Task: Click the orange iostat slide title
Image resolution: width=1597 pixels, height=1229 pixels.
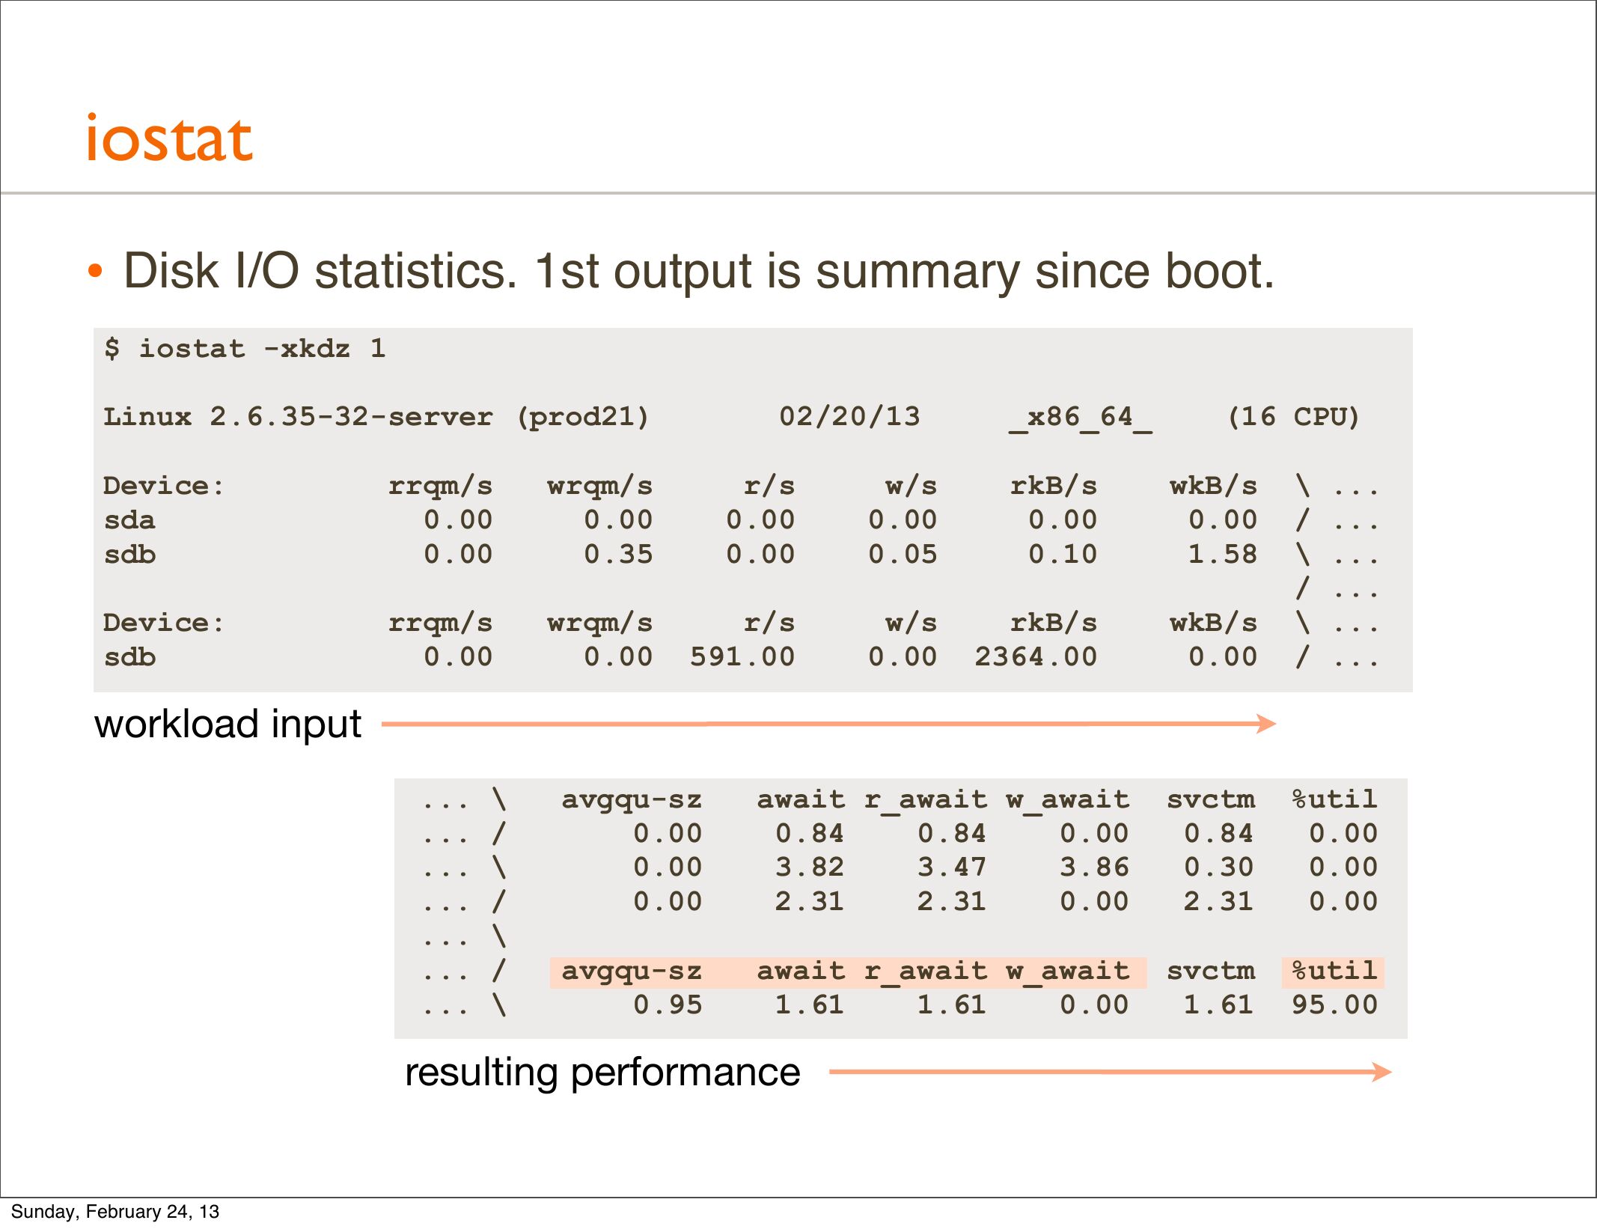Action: pos(170,138)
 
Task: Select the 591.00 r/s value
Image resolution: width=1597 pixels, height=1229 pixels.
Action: pos(742,657)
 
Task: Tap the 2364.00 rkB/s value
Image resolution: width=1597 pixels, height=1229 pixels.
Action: pos(1036,657)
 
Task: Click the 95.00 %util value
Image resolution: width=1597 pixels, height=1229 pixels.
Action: pos(1335,1005)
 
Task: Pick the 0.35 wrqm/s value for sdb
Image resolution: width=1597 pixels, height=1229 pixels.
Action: pos(618,555)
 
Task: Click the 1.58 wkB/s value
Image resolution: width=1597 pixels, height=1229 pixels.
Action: pos(1223,555)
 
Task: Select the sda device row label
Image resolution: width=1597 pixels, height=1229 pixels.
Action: pos(129,520)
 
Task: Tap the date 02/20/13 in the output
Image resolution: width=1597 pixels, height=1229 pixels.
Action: pos(849,417)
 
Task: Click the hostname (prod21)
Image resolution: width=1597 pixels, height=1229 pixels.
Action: pos(583,417)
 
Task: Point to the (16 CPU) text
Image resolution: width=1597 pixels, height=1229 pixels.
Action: pos(1294,417)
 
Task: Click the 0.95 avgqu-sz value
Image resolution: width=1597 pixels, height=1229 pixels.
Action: pos(668,1005)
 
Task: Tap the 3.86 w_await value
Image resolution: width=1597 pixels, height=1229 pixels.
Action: pos(1094,867)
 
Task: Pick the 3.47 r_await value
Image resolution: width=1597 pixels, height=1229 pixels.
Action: pos(952,867)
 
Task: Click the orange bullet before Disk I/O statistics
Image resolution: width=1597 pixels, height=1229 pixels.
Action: pos(94,271)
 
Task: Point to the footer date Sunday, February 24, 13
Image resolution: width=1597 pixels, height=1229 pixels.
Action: pos(115,1212)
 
